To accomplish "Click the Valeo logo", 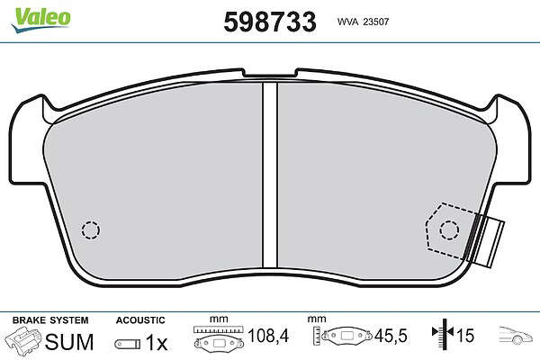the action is tap(41, 19).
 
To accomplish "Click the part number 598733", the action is tap(270, 22).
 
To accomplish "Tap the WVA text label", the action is tap(347, 22).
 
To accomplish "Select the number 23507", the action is tap(376, 22).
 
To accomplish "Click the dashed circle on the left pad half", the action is tap(91, 229).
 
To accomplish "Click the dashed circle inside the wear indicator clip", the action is tap(449, 229).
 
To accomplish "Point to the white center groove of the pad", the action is tap(270, 175).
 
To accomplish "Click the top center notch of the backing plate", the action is tap(270, 73).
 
